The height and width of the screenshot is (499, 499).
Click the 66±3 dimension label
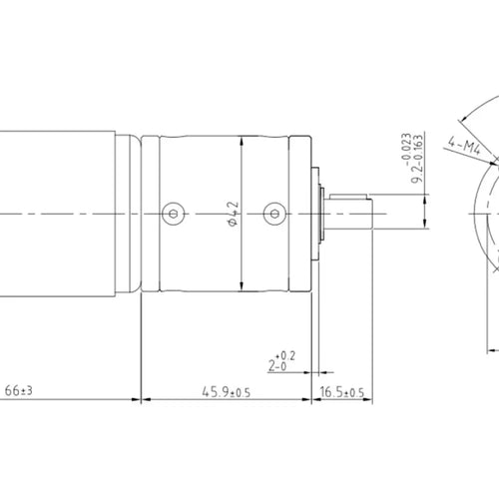[x=19, y=390]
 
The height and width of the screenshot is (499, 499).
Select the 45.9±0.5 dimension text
[x=227, y=392]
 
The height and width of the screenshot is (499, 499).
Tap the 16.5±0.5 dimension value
[x=342, y=392]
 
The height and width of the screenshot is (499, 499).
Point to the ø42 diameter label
[x=234, y=214]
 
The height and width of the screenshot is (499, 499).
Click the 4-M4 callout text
[x=465, y=146]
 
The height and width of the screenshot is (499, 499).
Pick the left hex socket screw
[x=174, y=214]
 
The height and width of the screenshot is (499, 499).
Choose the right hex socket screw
[x=274, y=214]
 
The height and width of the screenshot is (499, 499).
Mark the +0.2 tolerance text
[x=285, y=355]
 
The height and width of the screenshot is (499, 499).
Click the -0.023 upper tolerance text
[x=406, y=150]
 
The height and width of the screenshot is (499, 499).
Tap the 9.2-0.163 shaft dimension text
[x=417, y=159]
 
